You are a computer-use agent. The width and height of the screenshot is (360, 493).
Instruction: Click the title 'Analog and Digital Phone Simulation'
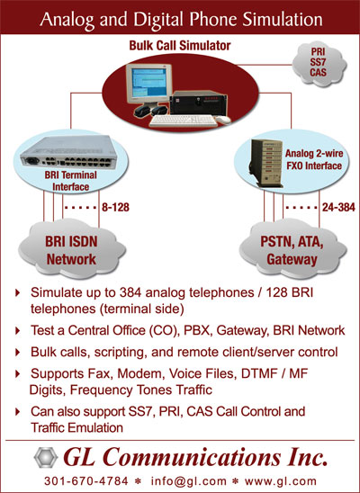click(x=181, y=20)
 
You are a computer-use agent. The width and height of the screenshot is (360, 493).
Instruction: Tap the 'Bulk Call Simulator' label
click(x=180, y=46)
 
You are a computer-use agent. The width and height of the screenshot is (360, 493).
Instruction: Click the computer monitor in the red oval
click(x=148, y=85)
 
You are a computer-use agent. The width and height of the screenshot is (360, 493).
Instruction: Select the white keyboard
click(x=184, y=121)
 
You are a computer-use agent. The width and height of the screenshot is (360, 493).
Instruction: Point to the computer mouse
click(x=223, y=120)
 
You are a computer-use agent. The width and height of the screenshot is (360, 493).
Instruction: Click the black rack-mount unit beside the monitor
click(x=198, y=103)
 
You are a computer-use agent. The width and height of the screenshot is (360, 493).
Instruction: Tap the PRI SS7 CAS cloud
click(x=319, y=64)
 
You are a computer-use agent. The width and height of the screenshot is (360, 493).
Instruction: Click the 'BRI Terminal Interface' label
click(x=71, y=181)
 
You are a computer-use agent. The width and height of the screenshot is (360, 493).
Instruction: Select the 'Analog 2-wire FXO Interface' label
click(x=314, y=159)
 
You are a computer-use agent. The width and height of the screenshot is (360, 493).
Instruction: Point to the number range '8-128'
click(x=115, y=207)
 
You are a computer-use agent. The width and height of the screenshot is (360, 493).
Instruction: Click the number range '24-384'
click(x=338, y=207)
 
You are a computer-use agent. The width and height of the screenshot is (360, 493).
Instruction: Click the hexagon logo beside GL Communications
click(x=46, y=458)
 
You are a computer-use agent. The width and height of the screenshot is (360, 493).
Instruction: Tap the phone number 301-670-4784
click(x=86, y=481)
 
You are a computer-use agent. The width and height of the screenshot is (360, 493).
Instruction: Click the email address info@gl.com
click(x=189, y=481)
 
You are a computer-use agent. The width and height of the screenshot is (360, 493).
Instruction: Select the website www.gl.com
click(x=281, y=481)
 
